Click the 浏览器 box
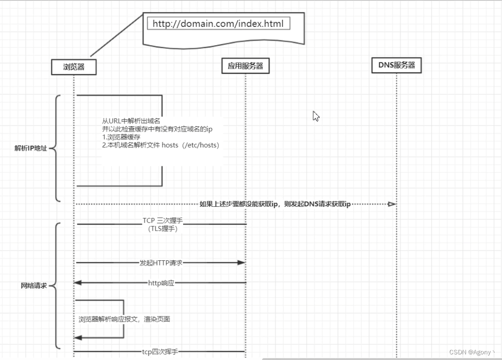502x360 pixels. [74, 67]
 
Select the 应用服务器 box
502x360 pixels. [245, 66]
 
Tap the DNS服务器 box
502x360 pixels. [397, 65]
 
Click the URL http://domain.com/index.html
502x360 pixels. [218, 23]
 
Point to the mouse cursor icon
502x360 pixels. [316, 116]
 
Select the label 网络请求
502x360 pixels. [34, 285]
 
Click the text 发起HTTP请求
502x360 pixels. [161, 263]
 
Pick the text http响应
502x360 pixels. [161, 283]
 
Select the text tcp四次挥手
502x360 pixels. [160, 351]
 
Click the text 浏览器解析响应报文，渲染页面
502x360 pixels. [124, 319]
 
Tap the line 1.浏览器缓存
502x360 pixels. [121, 137]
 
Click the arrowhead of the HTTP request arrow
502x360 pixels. [241, 263]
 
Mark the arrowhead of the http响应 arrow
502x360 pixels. [78, 282]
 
